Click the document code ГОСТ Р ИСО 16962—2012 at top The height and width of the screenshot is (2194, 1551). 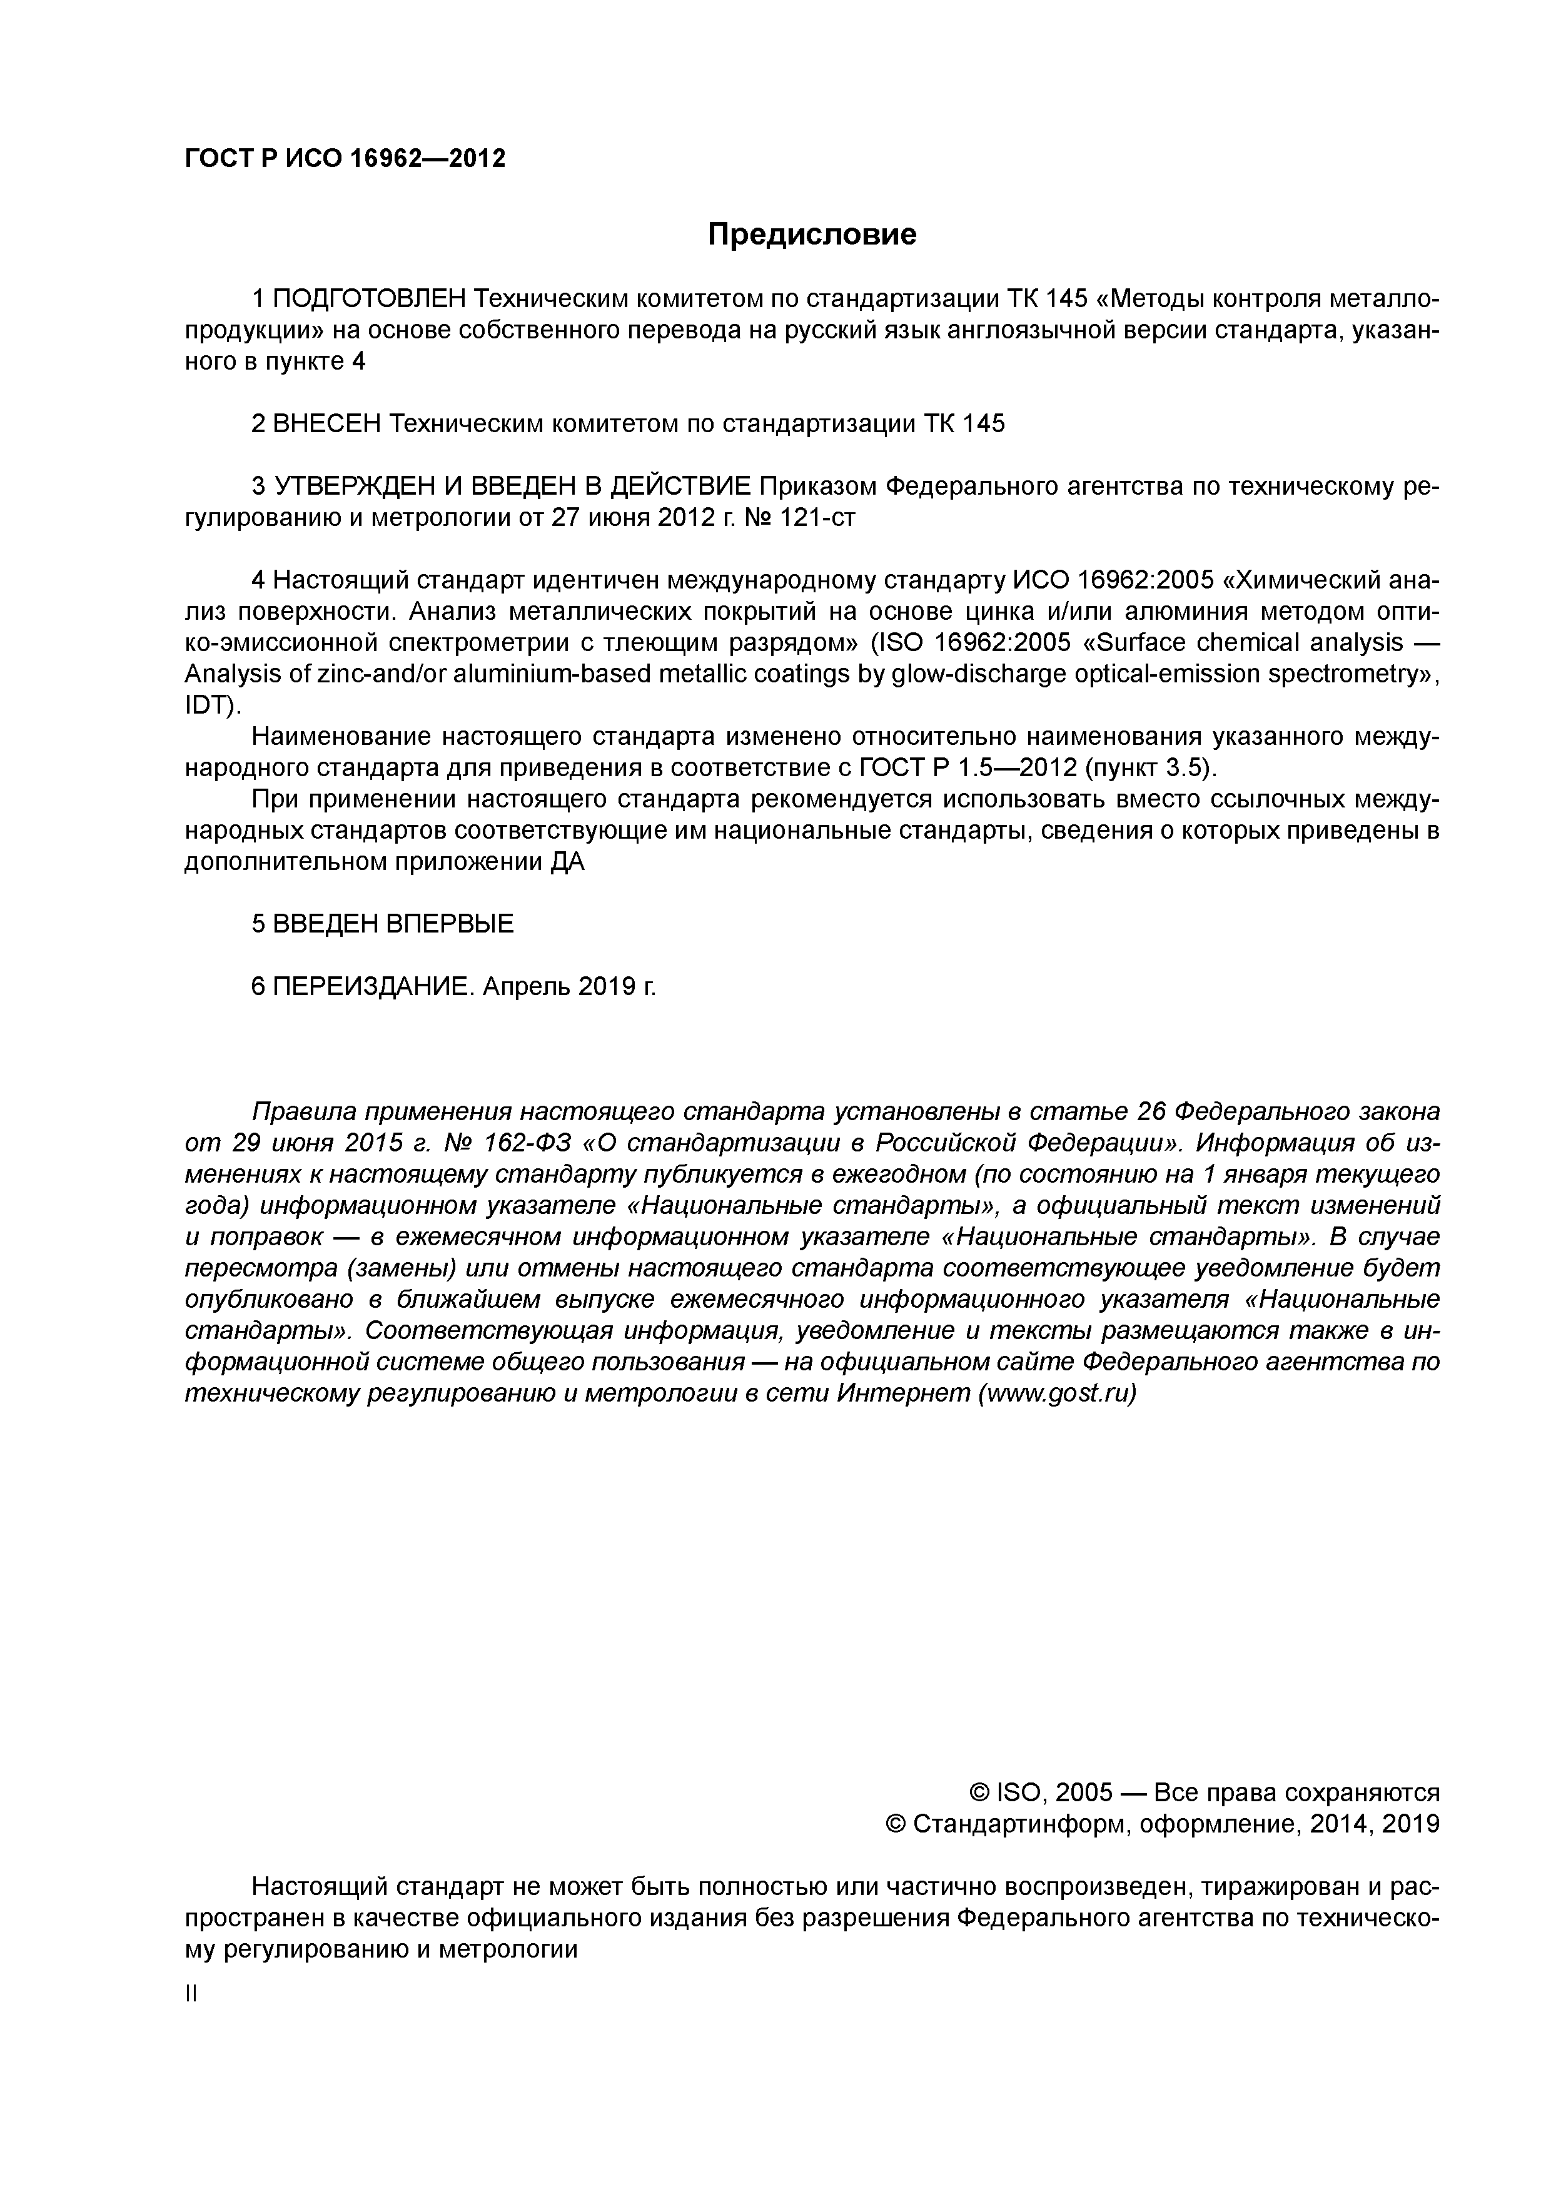coord(344,158)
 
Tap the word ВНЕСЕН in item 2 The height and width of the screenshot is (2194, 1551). coord(327,423)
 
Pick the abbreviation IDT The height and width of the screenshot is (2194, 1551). coord(208,705)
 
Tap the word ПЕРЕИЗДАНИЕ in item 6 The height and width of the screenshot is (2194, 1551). coord(373,986)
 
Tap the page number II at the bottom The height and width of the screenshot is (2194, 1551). coord(190,1993)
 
